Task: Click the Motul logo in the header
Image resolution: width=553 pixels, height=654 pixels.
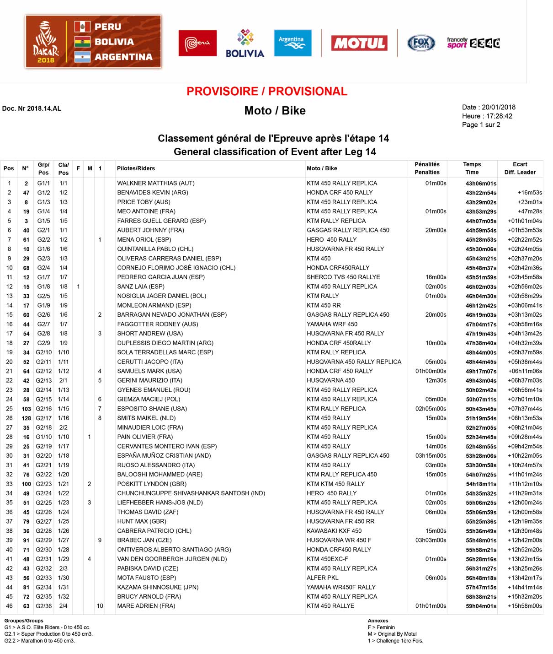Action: (359, 43)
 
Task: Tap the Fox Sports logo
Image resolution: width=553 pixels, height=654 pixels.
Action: (421, 43)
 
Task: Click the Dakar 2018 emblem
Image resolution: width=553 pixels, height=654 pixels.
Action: (46, 42)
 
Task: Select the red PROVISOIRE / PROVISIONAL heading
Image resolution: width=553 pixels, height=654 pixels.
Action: (267, 91)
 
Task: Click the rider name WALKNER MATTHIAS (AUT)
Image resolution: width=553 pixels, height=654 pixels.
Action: (156, 183)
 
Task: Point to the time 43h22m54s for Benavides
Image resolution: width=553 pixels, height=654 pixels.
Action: (481, 193)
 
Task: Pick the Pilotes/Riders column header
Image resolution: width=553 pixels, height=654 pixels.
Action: (136, 168)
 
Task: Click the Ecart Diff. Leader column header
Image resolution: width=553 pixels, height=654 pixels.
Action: (520, 168)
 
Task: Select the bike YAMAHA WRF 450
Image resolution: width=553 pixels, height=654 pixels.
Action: (332, 324)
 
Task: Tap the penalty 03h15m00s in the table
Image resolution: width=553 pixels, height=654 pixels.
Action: (431, 455)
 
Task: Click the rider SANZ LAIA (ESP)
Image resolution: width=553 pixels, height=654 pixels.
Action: (141, 286)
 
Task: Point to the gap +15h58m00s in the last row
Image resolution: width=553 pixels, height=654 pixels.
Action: (525, 606)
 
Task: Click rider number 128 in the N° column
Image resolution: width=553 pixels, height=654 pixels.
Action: (26, 418)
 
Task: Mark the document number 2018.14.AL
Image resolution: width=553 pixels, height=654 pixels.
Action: (32, 108)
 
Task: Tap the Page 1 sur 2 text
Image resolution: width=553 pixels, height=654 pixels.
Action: (481, 124)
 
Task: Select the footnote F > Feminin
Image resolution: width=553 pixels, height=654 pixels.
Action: (381, 627)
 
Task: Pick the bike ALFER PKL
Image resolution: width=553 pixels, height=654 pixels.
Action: (323, 578)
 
